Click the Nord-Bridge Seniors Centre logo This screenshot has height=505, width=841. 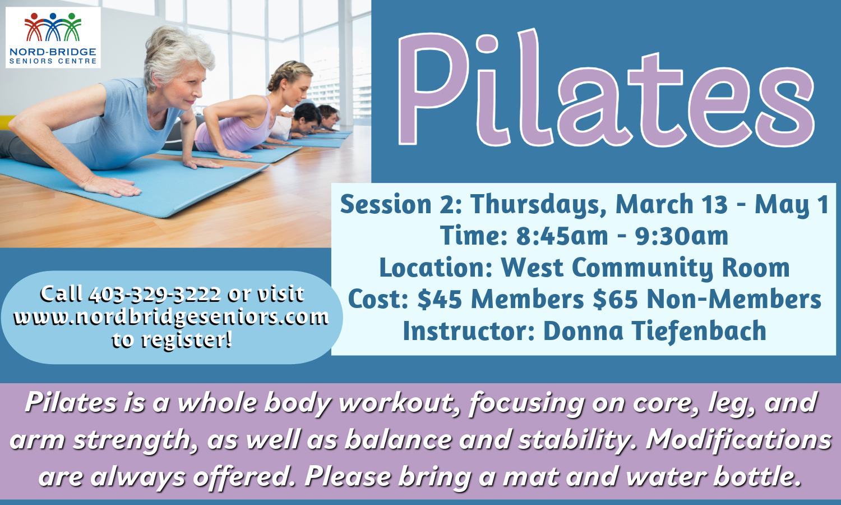53,37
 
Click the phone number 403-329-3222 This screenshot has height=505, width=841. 155,294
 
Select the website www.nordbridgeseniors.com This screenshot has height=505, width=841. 171,318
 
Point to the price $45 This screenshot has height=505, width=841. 440,300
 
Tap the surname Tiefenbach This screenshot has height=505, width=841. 699,330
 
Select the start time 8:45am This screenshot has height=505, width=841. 562,236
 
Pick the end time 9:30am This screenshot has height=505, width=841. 682,236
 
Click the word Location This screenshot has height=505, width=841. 436,268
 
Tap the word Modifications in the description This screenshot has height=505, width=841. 738,439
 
